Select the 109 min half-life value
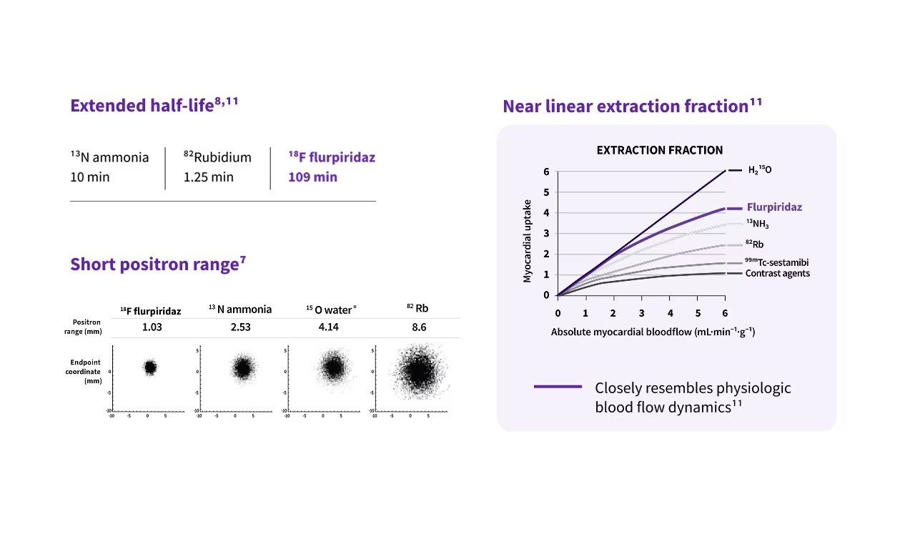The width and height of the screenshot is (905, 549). [x=312, y=177]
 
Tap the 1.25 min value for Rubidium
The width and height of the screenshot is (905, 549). [x=208, y=177]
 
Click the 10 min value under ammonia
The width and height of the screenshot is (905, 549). [x=90, y=177]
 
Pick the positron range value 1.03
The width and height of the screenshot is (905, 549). [x=150, y=327]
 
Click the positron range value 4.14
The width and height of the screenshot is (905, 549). [x=331, y=327]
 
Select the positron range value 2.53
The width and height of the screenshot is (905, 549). [x=240, y=327]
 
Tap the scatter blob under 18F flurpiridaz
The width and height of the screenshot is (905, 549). [x=150, y=367]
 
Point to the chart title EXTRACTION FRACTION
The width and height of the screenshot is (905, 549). [x=659, y=150]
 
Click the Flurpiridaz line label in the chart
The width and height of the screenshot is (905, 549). [x=774, y=207]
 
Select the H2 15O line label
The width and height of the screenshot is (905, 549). [x=760, y=170]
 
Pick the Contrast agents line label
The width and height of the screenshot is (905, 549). [x=778, y=273]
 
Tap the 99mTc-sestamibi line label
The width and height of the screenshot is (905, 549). [x=778, y=262]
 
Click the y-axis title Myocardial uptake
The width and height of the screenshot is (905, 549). [x=528, y=240]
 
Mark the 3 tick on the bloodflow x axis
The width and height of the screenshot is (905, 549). [x=641, y=313]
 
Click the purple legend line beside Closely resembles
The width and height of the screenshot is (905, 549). [x=558, y=387]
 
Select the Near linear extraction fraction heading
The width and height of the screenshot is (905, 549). [x=632, y=106]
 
